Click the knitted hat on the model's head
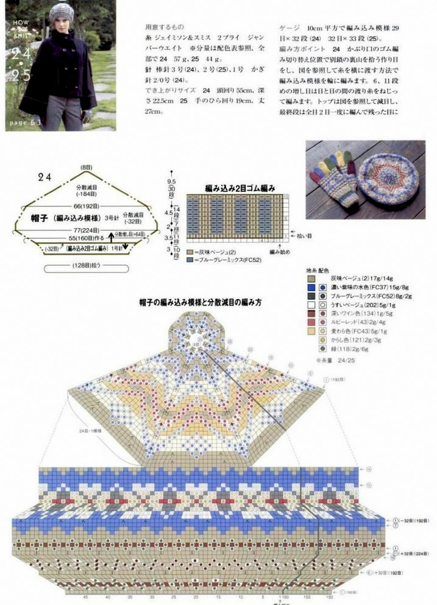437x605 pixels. coord(62,11)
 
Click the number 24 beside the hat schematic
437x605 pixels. coord(44,177)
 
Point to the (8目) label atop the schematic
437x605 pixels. coord(85,167)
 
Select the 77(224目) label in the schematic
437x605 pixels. coord(85,231)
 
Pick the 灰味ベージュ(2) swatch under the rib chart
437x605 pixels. coord(191,252)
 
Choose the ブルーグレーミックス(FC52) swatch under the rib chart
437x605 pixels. coord(191,259)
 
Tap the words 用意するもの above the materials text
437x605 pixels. coord(162,27)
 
